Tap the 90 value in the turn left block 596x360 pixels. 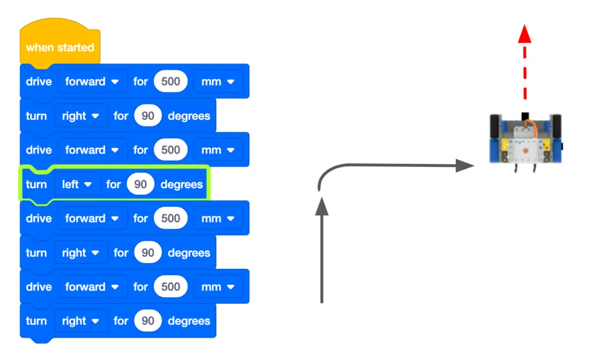(x=140, y=184)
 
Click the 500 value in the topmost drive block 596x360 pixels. (x=171, y=81)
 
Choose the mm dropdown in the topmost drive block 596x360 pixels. (x=218, y=81)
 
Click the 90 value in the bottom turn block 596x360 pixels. (x=148, y=321)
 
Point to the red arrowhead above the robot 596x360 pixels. (x=525, y=34)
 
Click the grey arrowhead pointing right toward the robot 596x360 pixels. (x=465, y=165)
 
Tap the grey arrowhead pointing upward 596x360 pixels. (x=322, y=207)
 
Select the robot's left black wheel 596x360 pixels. (x=494, y=126)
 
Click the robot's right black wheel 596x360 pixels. (x=556, y=126)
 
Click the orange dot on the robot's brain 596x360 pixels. (x=526, y=151)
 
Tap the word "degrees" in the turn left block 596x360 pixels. (x=182, y=184)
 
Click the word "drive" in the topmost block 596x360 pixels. (x=39, y=81)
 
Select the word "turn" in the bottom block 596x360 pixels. (x=36, y=321)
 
